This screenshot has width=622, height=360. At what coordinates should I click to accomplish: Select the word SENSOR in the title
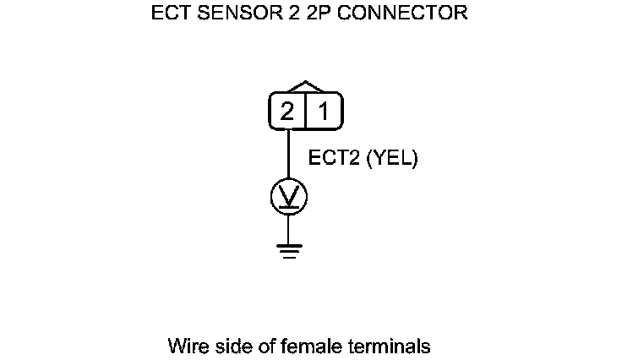[236, 14]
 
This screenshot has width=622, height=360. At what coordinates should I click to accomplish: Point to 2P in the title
[312, 14]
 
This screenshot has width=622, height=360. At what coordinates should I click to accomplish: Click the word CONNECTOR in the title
[397, 14]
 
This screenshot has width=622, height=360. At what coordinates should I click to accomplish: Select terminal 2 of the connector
[287, 112]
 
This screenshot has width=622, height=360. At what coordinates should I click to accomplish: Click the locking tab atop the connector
[305, 87]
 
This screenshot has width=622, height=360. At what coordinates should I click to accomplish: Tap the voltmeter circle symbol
[288, 196]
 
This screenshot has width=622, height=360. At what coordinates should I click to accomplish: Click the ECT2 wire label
[334, 158]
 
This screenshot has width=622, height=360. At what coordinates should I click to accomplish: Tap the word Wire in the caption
[187, 346]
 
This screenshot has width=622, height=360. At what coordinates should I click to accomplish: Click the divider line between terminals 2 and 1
[305, 112]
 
